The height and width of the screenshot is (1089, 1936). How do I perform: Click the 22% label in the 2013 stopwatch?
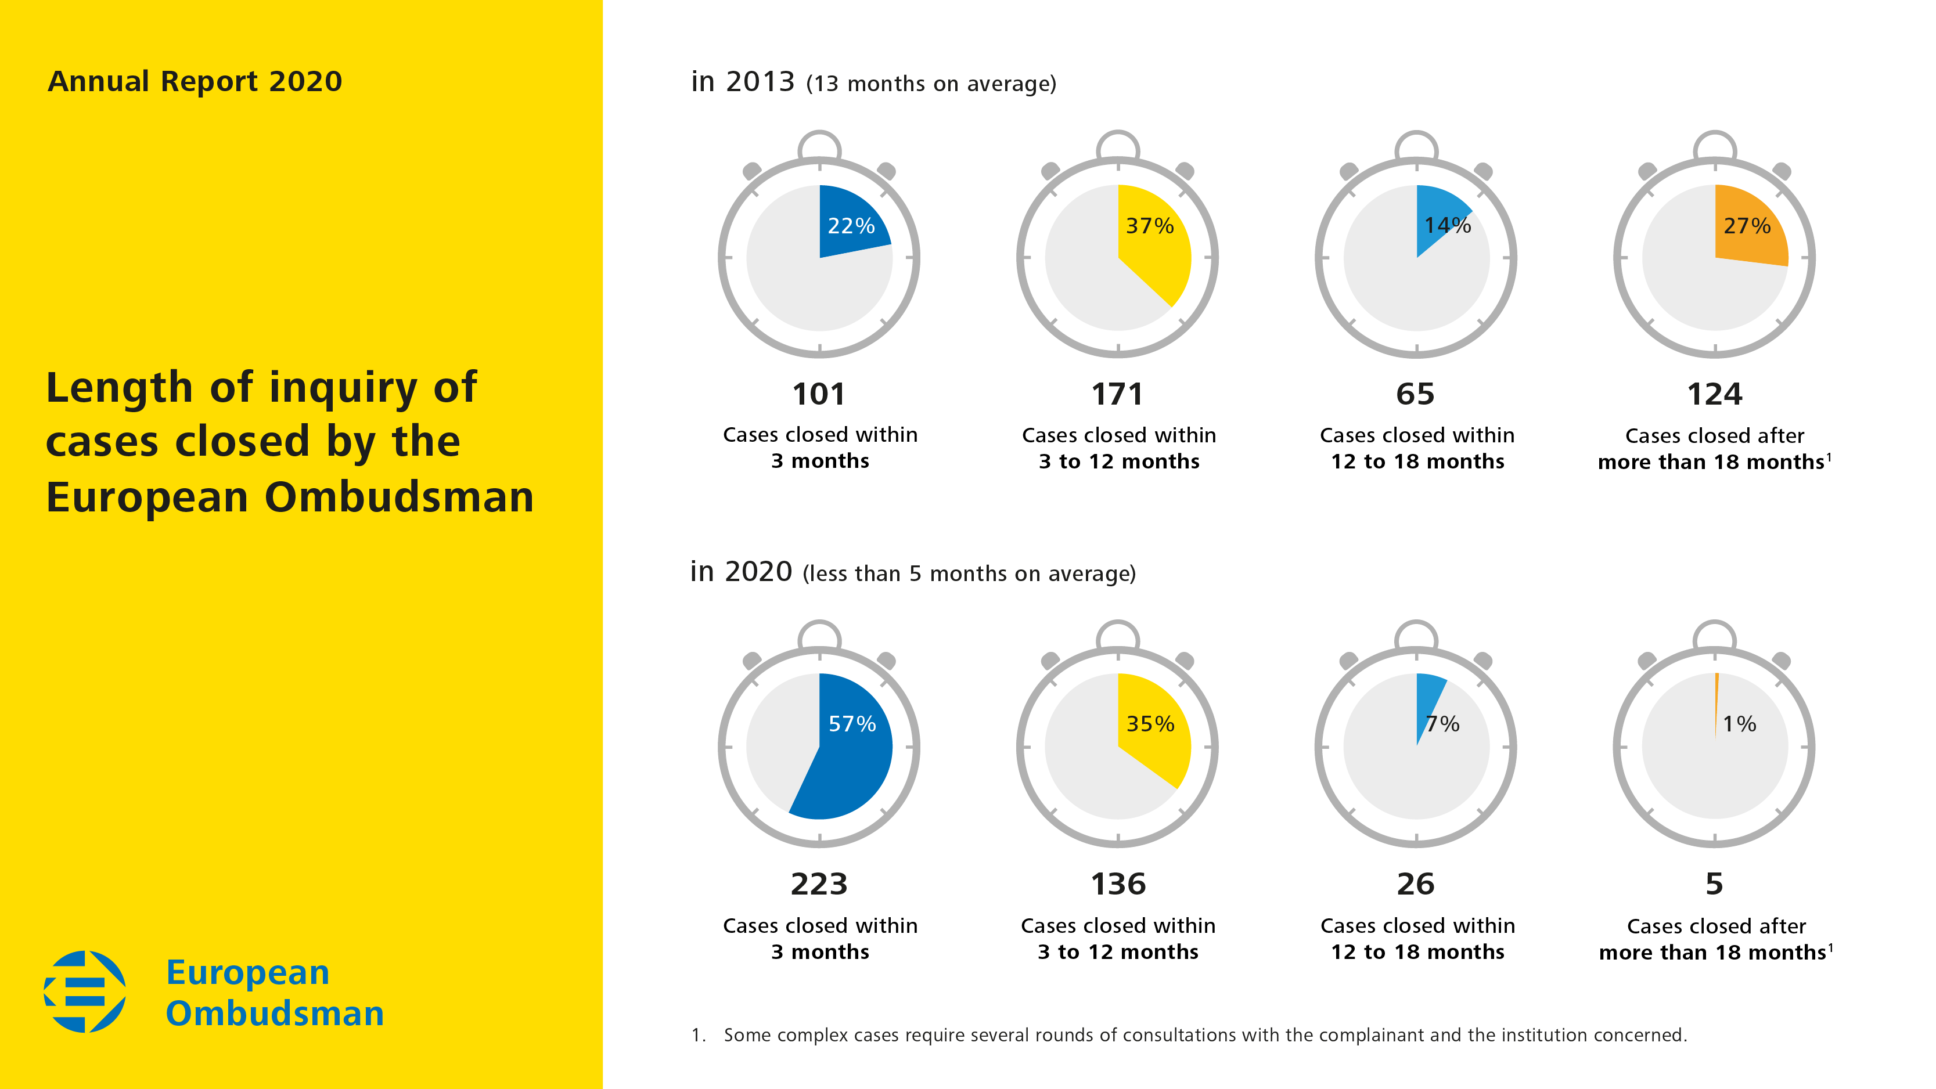[x=851, y=225]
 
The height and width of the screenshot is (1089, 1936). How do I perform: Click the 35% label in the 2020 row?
[x=1150, y=724]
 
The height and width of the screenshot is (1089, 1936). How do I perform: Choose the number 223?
[x=818, y=885]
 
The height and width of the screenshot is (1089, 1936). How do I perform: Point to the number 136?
[x=1118, y=885]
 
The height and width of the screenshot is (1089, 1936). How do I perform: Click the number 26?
[x=1415, y=885]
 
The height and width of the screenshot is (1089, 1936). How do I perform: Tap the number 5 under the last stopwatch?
[x=1714, y=885]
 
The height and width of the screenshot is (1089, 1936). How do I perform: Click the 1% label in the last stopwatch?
[x=1739, y=724]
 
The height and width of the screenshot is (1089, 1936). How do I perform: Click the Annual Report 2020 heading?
[x=195, y=81]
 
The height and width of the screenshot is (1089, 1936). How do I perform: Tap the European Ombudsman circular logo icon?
[x=85, y=991]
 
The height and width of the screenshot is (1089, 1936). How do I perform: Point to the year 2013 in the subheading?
[x=760, y=81]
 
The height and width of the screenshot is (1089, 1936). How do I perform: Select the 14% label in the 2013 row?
[x=1448, y=225]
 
